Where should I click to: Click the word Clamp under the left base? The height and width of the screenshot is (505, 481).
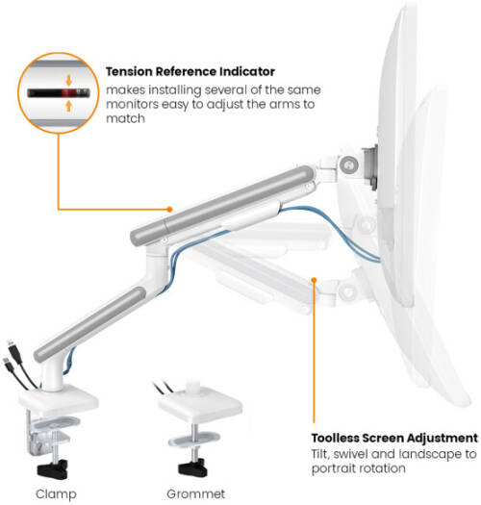[56, 493]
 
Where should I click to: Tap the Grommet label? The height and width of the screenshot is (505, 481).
[196, 493]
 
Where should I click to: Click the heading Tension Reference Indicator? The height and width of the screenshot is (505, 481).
[190, 71]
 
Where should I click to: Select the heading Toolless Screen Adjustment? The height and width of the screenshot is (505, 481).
[394, 438]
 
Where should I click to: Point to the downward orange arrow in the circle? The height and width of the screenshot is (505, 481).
[68, 81]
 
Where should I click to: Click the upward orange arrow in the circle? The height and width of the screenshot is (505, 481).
[68, 105]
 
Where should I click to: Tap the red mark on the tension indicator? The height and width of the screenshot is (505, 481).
[67, 93]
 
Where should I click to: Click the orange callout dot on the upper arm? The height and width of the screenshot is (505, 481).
[169, 210]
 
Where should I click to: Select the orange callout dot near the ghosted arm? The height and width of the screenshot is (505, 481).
[315, 280]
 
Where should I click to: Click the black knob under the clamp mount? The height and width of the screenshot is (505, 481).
[53, 469]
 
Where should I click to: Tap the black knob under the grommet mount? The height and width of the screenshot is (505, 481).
[192, 467]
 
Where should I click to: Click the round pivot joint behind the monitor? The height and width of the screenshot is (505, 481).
[348, 165]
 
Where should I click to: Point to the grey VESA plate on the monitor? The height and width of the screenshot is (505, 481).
[370, 168]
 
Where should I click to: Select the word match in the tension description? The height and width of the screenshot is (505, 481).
[125, 118]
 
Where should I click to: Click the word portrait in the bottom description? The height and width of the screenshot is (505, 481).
[332, 468]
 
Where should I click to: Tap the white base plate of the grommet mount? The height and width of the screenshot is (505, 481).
[200, 410]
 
